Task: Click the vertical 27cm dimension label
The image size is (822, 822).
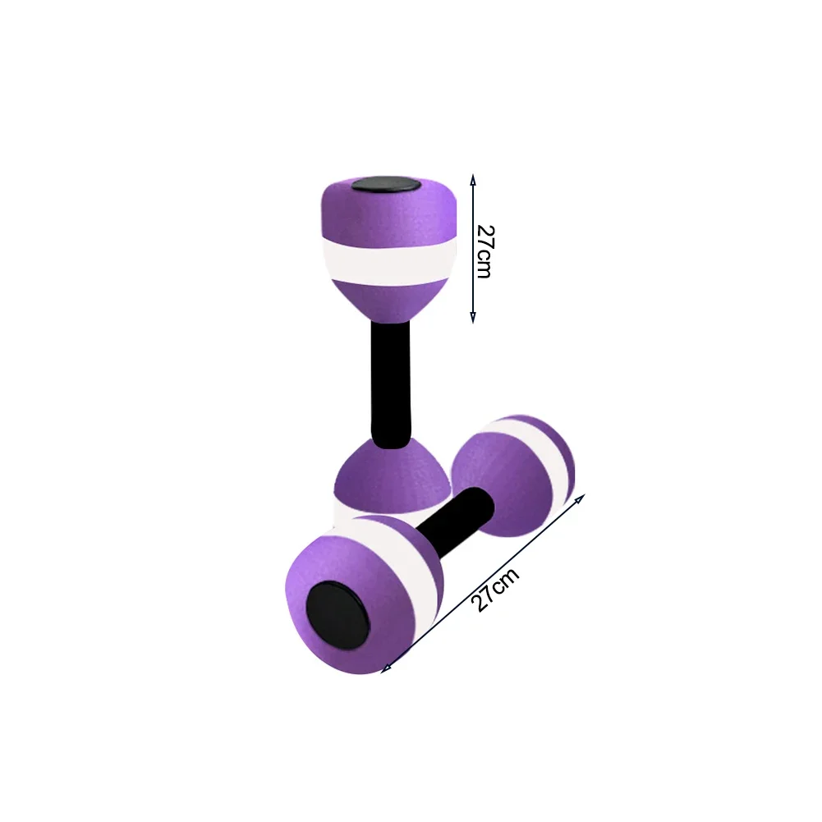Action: pyautogui.click(x=485, y=251)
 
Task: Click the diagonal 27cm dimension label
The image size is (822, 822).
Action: pyautogui.click(x=495, y=590)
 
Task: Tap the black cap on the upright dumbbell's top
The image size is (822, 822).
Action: pyautogui.click(x=386, y=185)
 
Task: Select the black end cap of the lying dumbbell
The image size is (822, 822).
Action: pyautogui.click(x=338, y=614)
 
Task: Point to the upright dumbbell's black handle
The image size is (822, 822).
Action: pyautogui.click(x=391, y=384)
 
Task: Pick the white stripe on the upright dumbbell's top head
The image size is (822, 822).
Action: pyautogui.click(x=388, y=262)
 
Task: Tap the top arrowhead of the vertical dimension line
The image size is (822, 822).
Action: pyautogui.click(x=473, y=179)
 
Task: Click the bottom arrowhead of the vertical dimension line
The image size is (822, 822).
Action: pyautogui.click(x=473, y=317)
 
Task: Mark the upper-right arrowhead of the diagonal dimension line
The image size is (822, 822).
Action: pyautogui.click(x=580, y=498)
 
